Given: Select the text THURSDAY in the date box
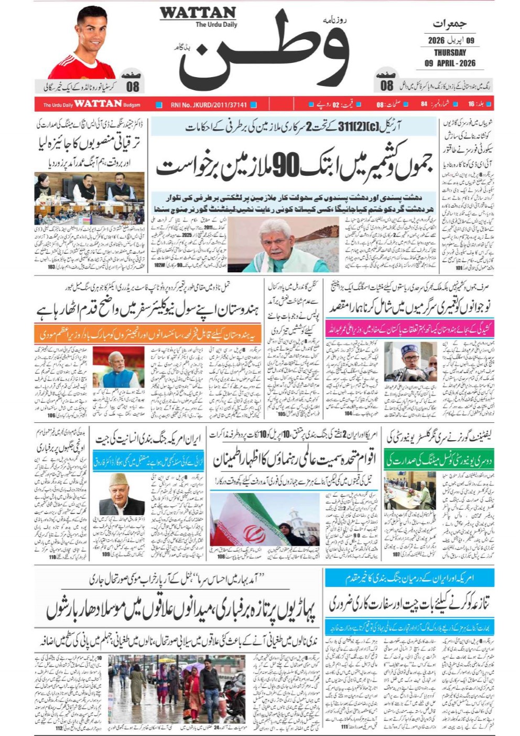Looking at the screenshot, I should pos(450,52).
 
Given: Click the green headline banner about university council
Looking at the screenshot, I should pos(439,460).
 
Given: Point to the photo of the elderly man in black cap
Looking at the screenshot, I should pos(122,494).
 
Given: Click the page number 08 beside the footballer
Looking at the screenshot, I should pos(132,86).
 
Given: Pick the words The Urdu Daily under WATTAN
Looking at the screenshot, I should pos(216,25).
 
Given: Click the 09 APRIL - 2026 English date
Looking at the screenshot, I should pos(450,63).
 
